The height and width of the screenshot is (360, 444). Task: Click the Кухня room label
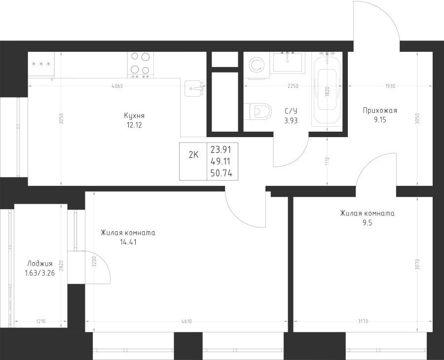[x=135, y=115]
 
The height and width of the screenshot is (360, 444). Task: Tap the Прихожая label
[x=379, y=110]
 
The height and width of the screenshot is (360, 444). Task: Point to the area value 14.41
[x=128, y=242]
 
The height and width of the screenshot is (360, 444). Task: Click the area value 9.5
[x=367, y=222]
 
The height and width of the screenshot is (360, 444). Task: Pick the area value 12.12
[x=135, y=125]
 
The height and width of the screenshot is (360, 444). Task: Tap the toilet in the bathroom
[x=259, y=111]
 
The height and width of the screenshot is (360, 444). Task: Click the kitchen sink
[x=195, y=89]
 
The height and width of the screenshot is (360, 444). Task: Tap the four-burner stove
[x=140, y=65]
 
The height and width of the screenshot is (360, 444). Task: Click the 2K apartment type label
[x=193, y=154]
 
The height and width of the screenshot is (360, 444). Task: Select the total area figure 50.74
[x=221, y=173]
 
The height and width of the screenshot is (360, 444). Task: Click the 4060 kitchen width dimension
[x=117, y=86]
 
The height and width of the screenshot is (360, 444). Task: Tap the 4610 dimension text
[x=186, y=322]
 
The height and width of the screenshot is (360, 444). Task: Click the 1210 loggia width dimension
[x=40, y=322]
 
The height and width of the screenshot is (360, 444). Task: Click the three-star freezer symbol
[x=41, y=65]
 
